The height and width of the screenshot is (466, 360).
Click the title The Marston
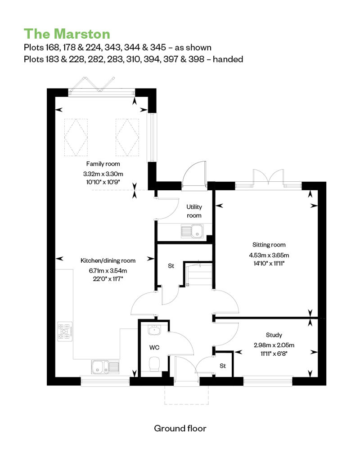67,34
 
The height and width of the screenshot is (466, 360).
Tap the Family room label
103,164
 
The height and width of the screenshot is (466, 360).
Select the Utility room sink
192,231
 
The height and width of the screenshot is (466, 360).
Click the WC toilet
154,364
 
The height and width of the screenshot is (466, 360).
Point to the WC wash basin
154,330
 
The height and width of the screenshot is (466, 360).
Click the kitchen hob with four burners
65,332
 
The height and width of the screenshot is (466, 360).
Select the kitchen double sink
106,367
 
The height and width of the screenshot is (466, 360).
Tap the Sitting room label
269,245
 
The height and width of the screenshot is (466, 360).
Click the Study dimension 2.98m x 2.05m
274,345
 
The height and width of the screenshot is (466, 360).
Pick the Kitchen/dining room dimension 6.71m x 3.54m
108,271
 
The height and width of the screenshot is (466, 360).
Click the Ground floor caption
180,428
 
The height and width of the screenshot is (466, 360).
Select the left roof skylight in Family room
76,137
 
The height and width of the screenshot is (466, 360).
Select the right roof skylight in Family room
127,137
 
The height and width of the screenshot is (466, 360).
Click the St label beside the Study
223,366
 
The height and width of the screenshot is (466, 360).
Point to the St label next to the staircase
171,266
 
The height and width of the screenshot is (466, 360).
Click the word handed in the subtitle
228,59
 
